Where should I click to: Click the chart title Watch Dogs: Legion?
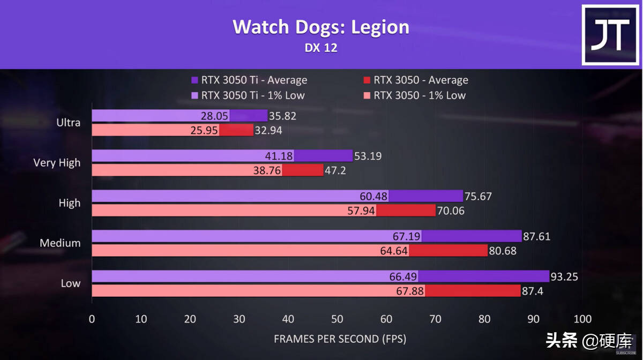320,27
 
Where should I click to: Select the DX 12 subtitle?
320,48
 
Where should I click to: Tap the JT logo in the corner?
610,35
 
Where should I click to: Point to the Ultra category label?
69,123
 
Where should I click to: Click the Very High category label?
57,163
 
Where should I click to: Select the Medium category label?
60,243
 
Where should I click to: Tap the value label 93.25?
567,277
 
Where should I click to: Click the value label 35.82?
283,116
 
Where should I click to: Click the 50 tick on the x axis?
337,320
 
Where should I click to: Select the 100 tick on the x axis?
582,320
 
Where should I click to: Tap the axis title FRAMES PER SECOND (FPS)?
340,339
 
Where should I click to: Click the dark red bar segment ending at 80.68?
449,251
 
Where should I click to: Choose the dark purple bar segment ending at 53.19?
323,156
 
